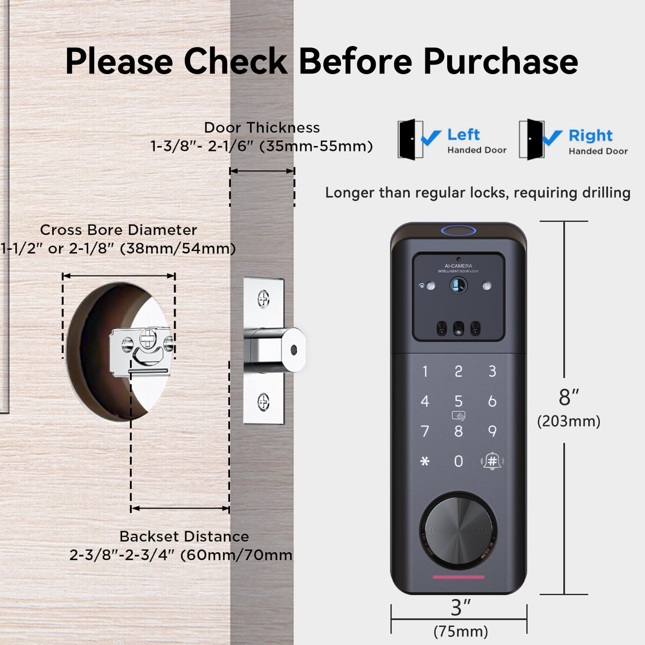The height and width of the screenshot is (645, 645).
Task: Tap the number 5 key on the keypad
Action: click(x=458, y=401)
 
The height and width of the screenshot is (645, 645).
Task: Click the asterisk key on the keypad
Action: click(x=425, y=461)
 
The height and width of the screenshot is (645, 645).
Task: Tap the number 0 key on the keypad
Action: click(x=459, y=461)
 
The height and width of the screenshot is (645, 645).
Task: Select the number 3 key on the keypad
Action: click(x=492, y=371)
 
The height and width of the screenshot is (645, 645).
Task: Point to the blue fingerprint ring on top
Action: click(x=458, y=231)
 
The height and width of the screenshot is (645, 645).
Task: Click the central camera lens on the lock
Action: click(x=459, y=285)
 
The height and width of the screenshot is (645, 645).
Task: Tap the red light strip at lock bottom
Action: click(x=458, y=577)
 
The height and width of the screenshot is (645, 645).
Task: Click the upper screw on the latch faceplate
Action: click(x=264, y=298)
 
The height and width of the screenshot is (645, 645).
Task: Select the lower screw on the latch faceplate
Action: click(x=264, y=402)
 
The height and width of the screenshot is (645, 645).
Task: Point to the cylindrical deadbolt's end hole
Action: click(x=294, y=350)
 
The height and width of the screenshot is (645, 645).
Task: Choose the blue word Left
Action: click(x=463, y=135)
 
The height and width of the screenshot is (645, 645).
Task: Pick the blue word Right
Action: click(x=590, y=136)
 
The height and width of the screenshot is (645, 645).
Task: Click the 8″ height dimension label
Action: click(x=568, y=398)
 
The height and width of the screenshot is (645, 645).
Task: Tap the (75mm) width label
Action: click(x=461, y=632)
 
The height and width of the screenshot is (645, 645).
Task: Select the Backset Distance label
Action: click(x=184, y=537)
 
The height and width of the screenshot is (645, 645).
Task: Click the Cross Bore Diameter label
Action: click(x=118, y=230)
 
